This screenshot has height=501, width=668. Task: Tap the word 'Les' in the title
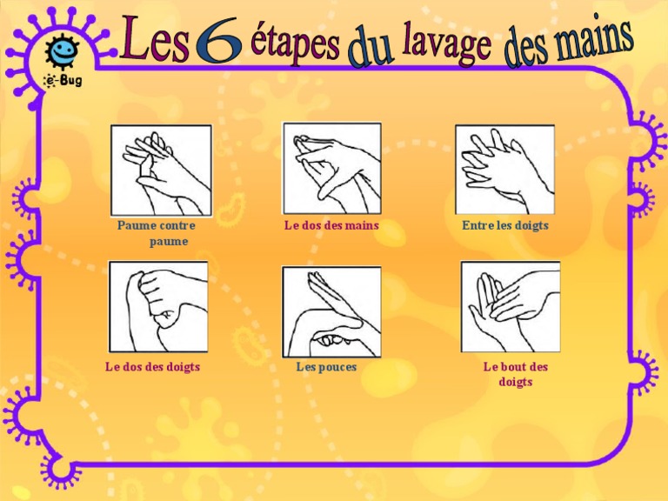[x=156, y=42]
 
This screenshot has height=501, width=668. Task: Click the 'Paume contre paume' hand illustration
[x=161, y=170]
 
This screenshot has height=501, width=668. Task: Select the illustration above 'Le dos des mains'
[x=331, y=168]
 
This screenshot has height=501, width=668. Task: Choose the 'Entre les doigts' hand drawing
[x=504, y=170]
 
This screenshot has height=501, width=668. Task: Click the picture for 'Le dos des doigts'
[x=158, y=306]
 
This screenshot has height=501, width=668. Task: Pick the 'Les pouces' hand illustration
[x=331, y=311]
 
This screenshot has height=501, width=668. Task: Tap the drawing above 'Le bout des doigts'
[x=510, y=306]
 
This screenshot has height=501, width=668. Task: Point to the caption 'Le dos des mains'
[x=331, y=226]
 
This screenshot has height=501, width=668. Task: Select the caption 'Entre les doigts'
[x=505, y=226]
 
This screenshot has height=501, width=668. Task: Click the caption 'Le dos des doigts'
[x=153, y=367]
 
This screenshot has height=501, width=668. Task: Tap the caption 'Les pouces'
[x=326, y=367]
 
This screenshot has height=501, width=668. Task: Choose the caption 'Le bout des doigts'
[x=516, y=374]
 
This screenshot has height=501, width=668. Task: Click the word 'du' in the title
[x=370, y=49]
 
